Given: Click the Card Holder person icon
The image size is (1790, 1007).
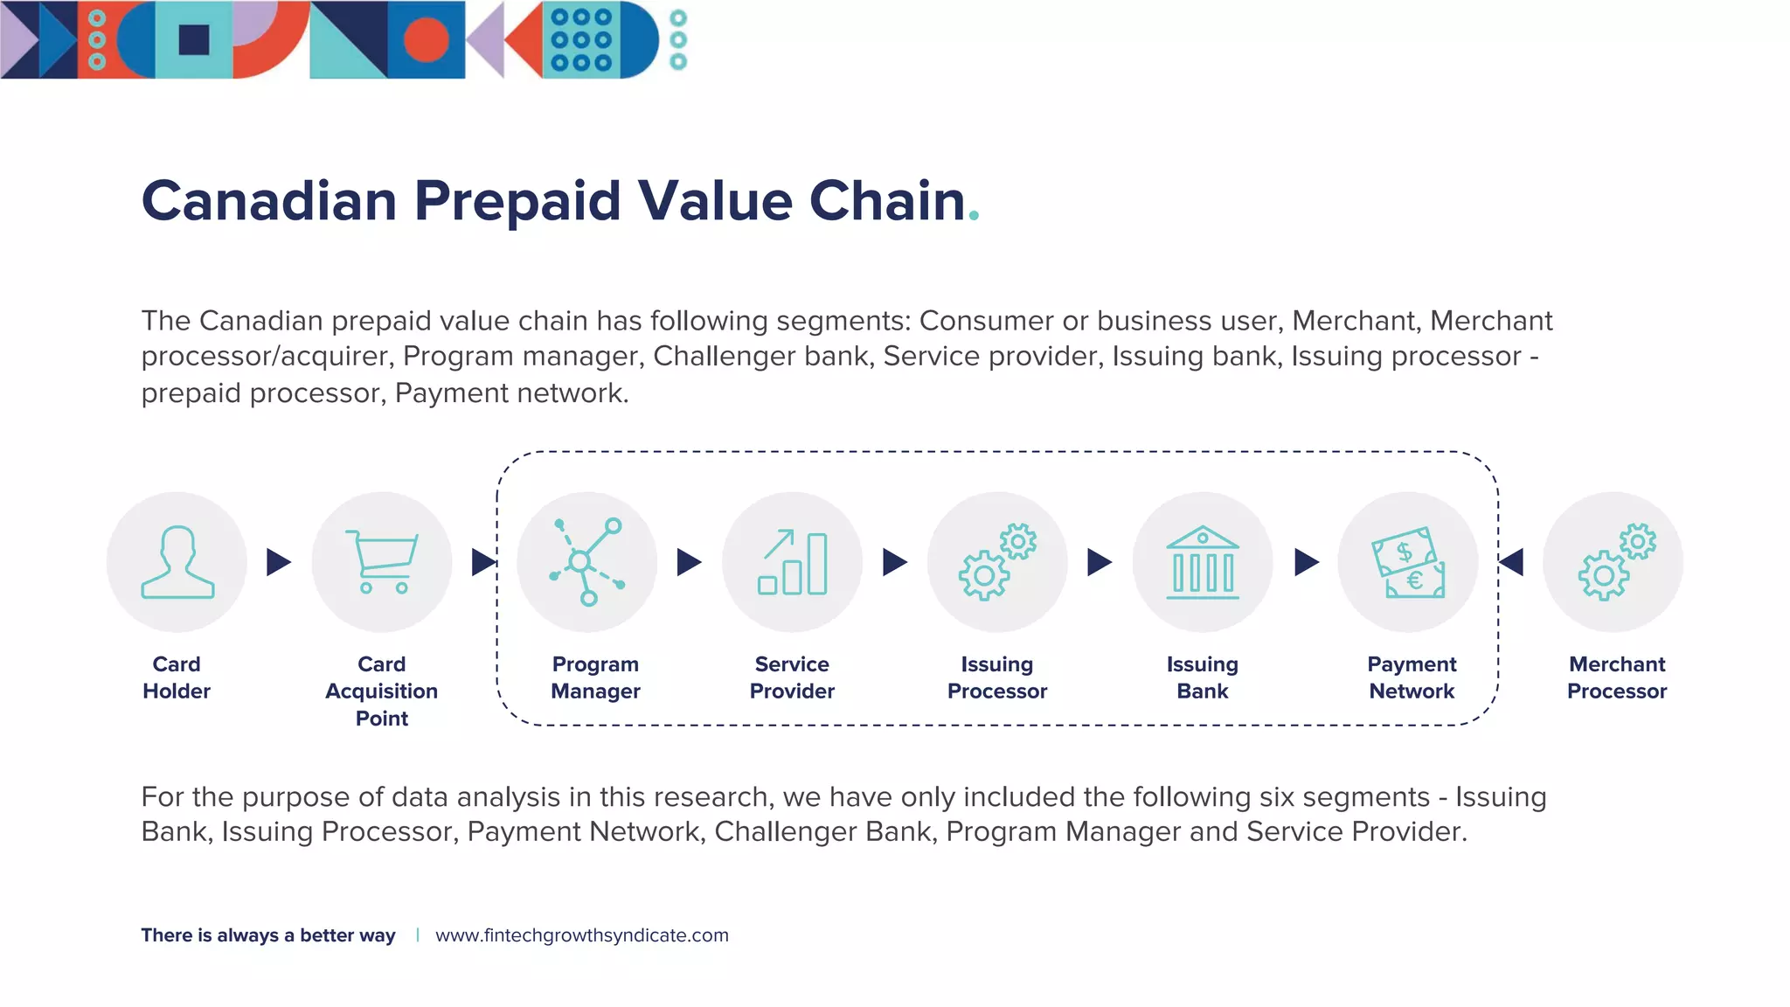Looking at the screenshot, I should tap(177, 562).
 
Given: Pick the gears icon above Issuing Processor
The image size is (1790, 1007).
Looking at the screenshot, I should tap(997, 562).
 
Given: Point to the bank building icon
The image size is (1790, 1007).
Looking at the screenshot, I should tap(1203, 562).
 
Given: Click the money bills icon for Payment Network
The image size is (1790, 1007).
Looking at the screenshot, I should tap(1408, 562).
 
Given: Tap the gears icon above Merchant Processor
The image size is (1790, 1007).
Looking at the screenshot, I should tap(1615, 562).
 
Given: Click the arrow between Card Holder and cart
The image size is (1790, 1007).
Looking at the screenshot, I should tap(278, 562).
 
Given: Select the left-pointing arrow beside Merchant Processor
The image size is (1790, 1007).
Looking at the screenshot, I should tap(1512, 562).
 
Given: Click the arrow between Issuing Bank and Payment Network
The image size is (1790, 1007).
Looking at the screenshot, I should tap(1306, 562).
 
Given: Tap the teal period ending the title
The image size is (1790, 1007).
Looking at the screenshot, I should tap(975, 217).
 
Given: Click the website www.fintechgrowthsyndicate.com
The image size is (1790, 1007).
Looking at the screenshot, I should tap(581, 935).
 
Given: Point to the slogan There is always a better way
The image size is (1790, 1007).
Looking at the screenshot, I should tap(268, 935).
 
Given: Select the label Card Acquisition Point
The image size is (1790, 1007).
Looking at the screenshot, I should tap(382, 691).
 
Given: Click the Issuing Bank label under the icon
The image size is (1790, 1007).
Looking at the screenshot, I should tap(1203, 677).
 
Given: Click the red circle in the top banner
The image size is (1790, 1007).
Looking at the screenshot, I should tap(426, 40).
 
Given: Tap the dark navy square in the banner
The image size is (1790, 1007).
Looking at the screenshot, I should tap(193, 40).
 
